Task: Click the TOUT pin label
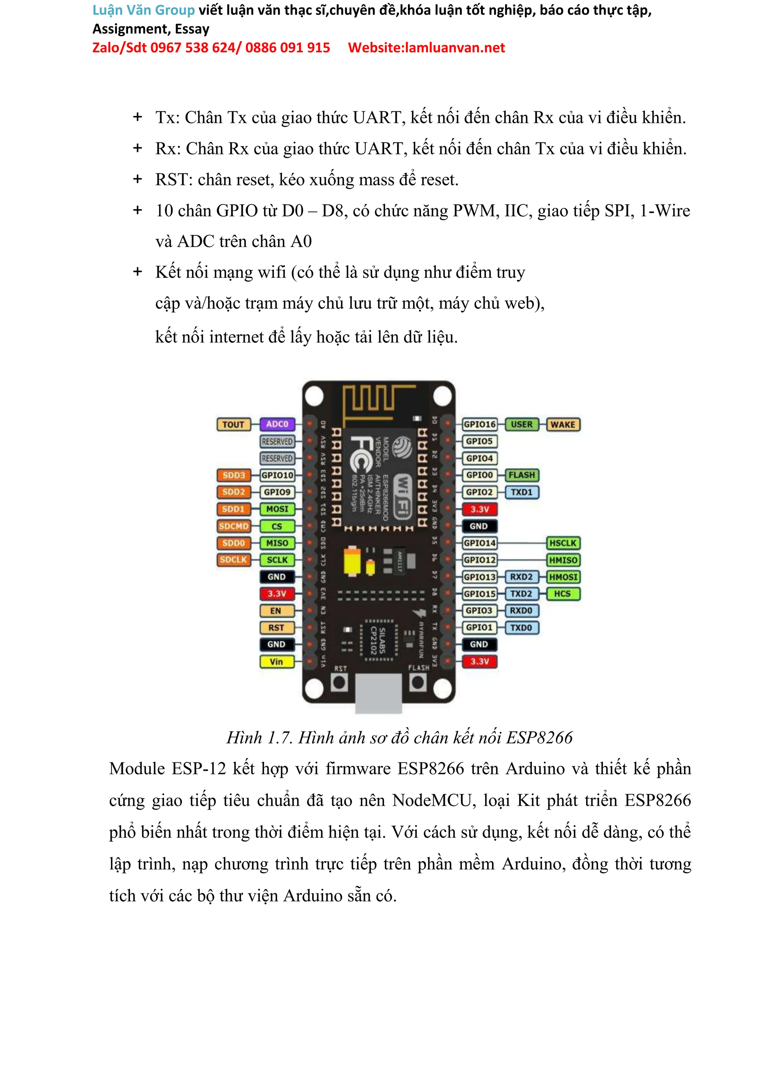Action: coord(233,425)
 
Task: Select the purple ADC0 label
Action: coord(277,424)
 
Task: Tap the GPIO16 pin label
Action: coord(479,424)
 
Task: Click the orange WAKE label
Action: coord(563,425)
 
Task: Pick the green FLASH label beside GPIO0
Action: coord(521,475)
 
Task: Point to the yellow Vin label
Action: coord(276,662)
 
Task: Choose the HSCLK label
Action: coord(563,543)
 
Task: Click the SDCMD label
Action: coord(233,526)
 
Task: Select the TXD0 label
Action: coord(521,628)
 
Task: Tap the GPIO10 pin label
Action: coord(278,475)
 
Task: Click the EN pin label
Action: coord(276,611)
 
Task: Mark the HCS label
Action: coord(563,594)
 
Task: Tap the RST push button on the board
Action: coord(339,682)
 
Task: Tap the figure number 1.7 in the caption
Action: coord(280,737)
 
